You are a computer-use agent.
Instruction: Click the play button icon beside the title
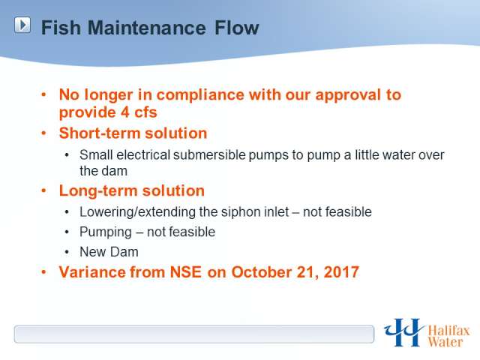tap(22, 25)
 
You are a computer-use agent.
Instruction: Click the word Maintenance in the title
tap(147, 28)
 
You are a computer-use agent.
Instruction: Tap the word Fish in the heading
tap(61, 28)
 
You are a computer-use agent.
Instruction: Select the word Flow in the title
tap(237, 28)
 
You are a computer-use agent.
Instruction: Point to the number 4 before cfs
tap(125, 112)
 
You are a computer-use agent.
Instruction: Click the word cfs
tap(145, 112)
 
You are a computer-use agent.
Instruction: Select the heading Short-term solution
tap(133, 133)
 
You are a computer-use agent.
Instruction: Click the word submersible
tap(209, 155)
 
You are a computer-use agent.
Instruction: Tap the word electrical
tap(143, 155)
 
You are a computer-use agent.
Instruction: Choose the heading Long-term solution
tap(132, 190)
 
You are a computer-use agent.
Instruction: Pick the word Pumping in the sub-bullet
tap(106, 232)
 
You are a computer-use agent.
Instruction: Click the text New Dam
tap(109, 252)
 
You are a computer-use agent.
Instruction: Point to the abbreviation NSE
tap(186, 271)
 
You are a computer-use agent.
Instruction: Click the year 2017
tap(341, 271)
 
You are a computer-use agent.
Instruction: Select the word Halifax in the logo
tap(448, 331)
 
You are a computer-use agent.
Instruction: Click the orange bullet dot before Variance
tap(43, 271)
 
